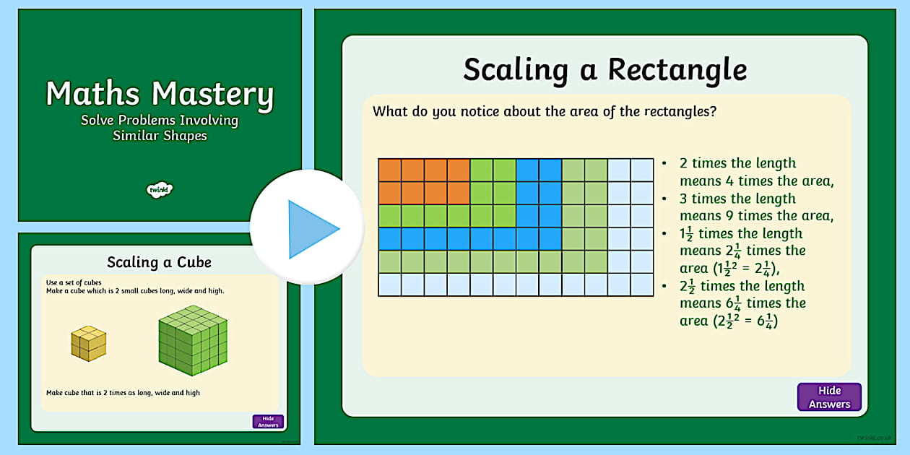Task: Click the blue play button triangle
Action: click(x=311, y=229)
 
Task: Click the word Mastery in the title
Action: click(x=214, y=95)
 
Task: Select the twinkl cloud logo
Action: click(x=160, y=190)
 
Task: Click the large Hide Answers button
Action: click(x=829, y=397)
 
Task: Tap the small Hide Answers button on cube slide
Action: click(x=268, y=422)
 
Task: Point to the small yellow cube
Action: click(x=88, y=343)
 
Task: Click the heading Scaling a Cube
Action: click(x=159, y=261)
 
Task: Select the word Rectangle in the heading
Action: click(x=677, y=70)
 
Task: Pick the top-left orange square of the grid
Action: click(x=390, y=170)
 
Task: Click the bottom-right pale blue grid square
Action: click(x=642, y=285)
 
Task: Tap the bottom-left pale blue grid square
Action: click(x=390, y=285)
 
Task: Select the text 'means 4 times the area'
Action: click(x=756, y=181)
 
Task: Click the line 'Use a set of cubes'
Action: click(x=74, y=282)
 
